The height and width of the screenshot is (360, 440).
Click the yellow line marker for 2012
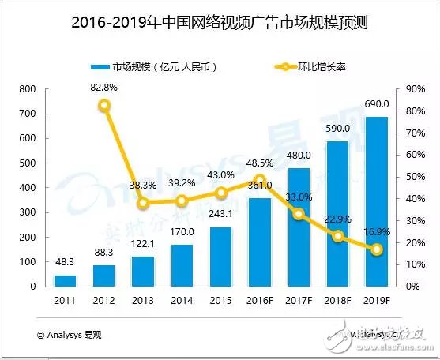[104, 105]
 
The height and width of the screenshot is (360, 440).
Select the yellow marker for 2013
[143, 203]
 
